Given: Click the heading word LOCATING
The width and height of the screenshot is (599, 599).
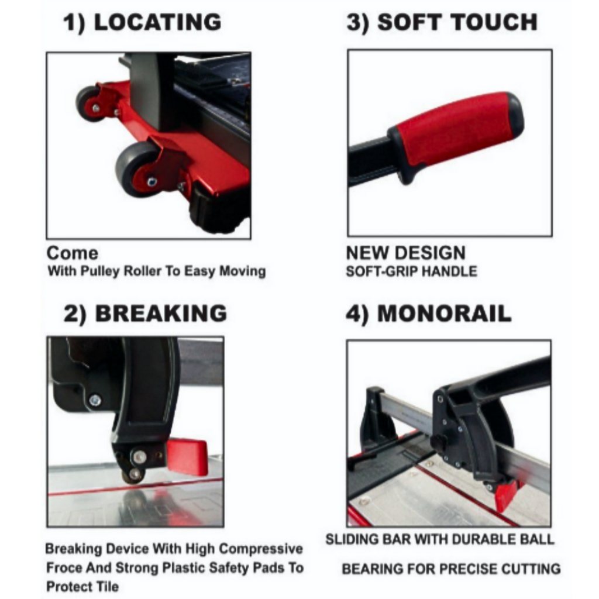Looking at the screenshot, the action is click(157, 22).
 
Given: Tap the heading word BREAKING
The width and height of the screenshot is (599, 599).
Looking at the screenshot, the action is click(161, 314).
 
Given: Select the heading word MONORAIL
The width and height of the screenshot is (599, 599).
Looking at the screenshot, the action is click(445, 314).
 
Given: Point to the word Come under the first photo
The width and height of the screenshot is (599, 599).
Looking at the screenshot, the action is click(72, 253).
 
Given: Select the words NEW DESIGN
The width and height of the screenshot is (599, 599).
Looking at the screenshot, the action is click(406, 253).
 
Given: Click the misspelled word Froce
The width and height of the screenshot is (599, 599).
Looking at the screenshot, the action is click(64, 567).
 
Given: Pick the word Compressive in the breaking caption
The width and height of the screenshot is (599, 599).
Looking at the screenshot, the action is click(261, 549).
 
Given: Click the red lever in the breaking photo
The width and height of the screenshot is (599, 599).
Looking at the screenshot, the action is click(188, 455).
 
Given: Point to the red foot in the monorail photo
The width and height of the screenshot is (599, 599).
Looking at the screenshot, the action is click(506, 495).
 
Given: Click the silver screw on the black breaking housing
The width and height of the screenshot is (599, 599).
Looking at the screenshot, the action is click(95, 400).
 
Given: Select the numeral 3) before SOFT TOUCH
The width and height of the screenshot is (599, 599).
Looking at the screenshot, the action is click(358, 22).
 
